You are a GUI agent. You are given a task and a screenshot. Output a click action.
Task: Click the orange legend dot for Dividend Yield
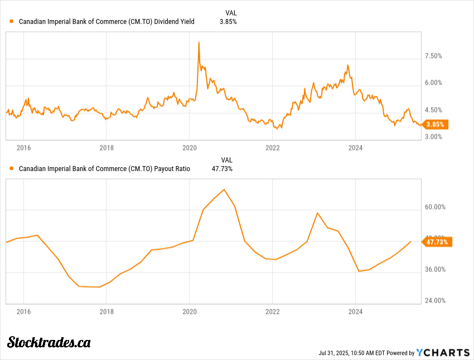[x=12, y=22]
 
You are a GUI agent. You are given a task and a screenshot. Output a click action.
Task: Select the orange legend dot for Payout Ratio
[x=12, y=168]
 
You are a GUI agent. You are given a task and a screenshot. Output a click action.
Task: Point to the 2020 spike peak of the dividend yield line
[x=199, y=42]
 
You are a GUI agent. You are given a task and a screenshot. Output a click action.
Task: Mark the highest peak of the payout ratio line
[x=224, y=189]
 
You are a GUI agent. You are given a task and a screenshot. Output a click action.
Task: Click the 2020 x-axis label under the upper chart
[x=190, y=148]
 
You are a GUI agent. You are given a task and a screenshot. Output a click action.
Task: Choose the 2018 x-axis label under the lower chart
[x=107, y=312]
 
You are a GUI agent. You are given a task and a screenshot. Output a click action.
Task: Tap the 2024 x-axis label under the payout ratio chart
[x=355, y=312]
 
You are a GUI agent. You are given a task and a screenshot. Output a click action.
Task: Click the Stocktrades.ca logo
[x=49, y=342]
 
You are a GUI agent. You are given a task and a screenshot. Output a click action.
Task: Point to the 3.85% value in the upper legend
[x=228, y=22]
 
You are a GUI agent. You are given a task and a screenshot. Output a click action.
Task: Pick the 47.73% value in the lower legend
[x=223, y=168]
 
